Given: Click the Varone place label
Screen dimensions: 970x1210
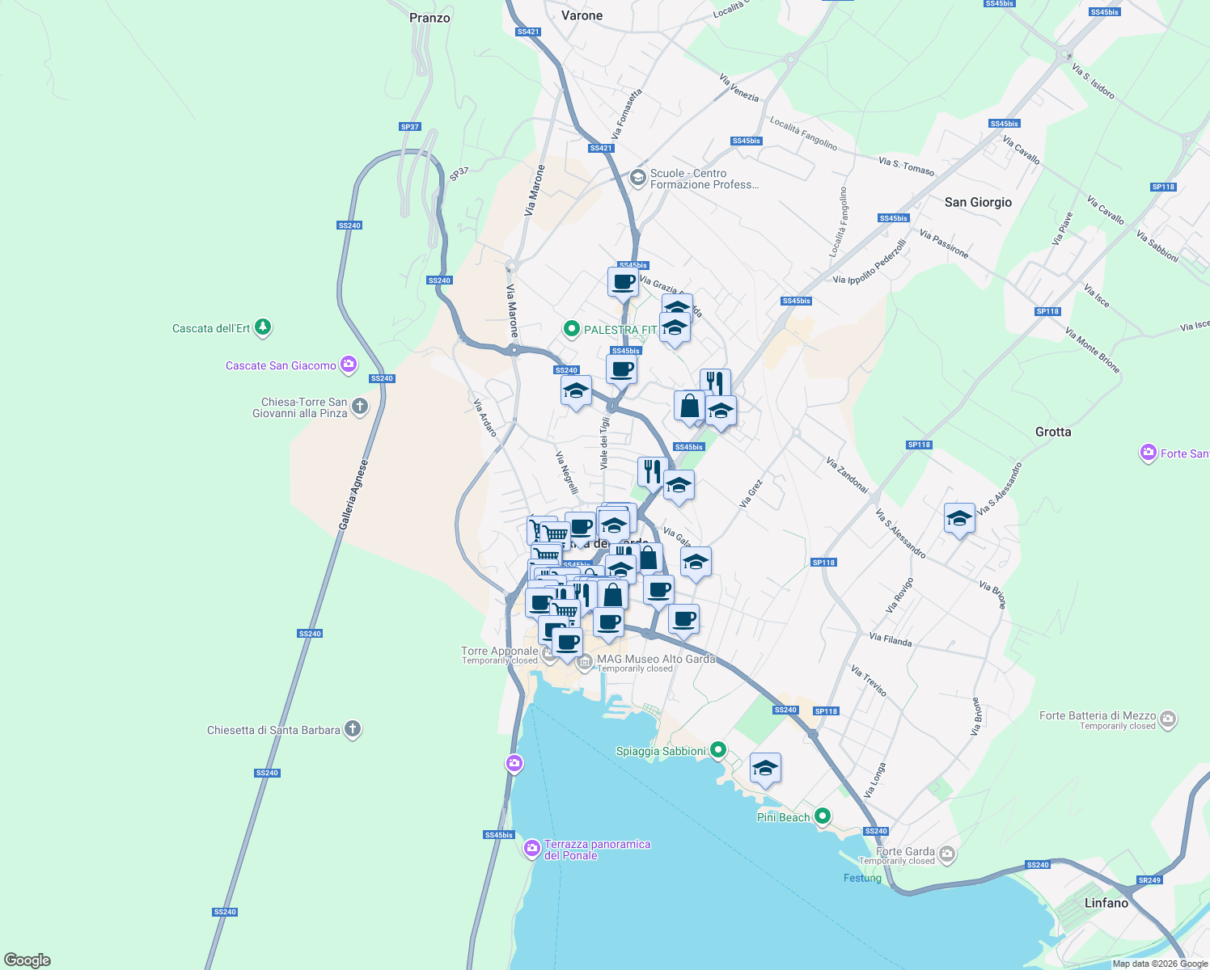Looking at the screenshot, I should [582, 16].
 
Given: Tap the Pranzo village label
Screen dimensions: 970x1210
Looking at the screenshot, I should [429, 18].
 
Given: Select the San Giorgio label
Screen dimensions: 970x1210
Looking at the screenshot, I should [978, 202].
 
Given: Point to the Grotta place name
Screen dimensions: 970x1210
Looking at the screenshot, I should [1053, 432].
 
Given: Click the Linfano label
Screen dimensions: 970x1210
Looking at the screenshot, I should [1106, 903].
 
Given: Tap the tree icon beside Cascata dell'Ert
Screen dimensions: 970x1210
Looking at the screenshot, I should [262, 327].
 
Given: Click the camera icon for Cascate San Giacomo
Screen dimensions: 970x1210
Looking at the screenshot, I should [349, 365].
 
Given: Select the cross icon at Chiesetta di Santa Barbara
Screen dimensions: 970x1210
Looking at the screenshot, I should [352, 729].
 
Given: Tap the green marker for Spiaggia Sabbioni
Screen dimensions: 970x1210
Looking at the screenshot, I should [717, 750].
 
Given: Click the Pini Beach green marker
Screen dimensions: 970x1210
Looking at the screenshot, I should [823, 816].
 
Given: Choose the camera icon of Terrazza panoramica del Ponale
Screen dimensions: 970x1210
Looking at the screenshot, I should [532, 848].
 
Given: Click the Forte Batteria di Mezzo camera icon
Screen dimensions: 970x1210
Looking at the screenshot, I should [1167, 719].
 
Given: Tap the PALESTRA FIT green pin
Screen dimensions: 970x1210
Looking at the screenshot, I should [572, 329].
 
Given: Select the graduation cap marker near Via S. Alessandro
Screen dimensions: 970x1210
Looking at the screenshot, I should [959, 519].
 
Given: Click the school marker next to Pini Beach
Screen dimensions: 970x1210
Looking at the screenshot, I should [765, 769].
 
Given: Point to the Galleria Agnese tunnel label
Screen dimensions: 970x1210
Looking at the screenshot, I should [353, 496].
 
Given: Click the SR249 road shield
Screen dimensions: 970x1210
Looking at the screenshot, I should [1149, 880].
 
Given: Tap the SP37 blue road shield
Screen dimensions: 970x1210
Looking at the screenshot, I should [410, 127].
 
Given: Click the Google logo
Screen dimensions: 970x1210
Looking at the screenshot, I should [27, 960].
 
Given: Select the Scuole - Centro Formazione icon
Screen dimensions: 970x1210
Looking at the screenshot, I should [638, 178].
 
